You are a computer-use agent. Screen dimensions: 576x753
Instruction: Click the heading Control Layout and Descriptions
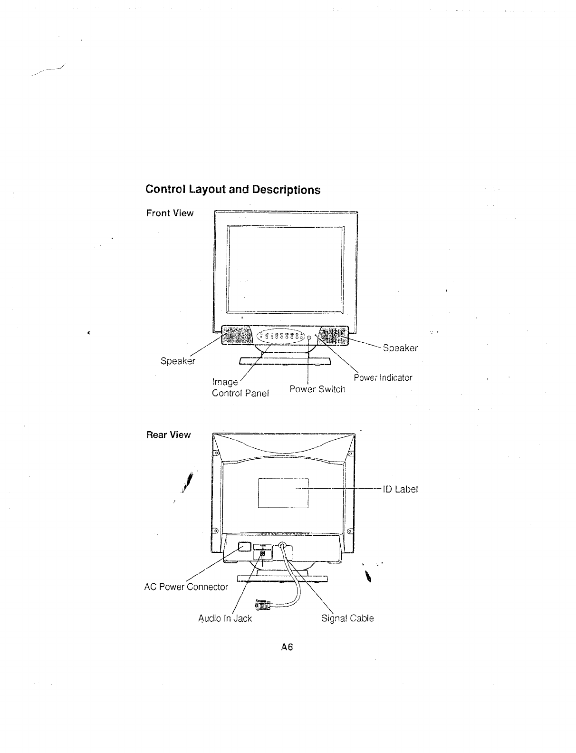[233, 190]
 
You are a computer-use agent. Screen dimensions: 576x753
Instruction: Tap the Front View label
[170, 213]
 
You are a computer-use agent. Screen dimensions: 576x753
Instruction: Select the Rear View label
[168, 434]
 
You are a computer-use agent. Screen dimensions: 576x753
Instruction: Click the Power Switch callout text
[317, 389]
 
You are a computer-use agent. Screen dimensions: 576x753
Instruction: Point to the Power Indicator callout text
[383, 378]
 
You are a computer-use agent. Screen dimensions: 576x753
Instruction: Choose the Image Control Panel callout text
[240, 388]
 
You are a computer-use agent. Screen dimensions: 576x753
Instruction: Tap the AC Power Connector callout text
[186, 587]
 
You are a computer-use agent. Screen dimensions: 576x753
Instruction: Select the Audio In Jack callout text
[225, 618]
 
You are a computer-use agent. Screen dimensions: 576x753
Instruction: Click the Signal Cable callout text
[348, 618]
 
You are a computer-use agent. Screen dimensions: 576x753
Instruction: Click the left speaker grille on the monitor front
[236, 336]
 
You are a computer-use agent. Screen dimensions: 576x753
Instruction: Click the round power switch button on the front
[309, 338]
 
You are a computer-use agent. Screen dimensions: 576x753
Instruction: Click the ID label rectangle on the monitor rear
[283, 493]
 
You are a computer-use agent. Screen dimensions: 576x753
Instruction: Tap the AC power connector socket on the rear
[243, 546]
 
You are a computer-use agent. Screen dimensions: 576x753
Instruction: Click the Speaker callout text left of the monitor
[178, 361]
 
